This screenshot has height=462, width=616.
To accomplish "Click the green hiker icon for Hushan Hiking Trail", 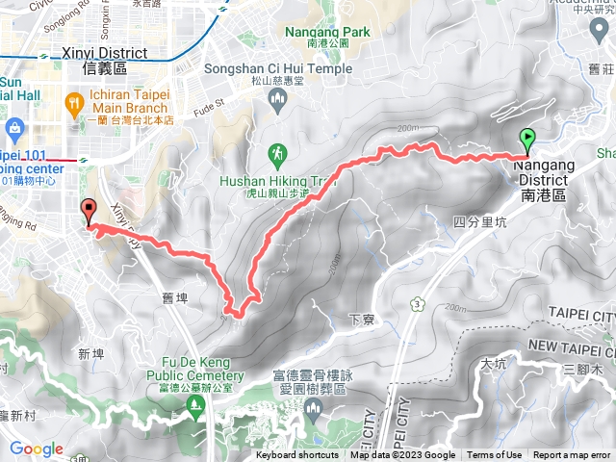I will coord(278,153).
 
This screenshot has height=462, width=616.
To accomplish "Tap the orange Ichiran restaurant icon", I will coord(74,101).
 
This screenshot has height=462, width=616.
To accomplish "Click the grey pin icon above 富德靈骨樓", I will coord(313,410).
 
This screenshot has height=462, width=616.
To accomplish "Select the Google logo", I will coord(36,449).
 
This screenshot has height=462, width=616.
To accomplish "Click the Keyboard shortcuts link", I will coord(297,455).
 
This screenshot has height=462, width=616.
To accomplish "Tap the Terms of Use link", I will coord(495,455).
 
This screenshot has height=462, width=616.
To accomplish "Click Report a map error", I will coord(574,455).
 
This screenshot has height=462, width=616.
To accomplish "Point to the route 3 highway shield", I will coord(417,304).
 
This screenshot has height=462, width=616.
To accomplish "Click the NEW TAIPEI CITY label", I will coord(571,346).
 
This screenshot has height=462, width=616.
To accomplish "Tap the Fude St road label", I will coord(211,99).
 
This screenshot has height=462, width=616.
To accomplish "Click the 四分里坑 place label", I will coord(478,222).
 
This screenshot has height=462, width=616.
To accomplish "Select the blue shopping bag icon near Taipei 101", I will coord(14,129).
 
